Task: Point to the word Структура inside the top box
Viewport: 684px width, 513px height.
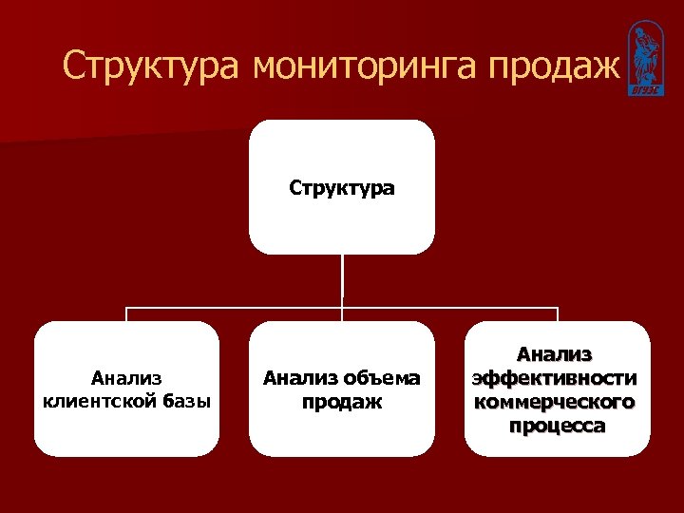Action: (342, 188)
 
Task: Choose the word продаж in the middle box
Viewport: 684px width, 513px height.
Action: (342, 401)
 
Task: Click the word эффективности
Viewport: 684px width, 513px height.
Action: (557, 378)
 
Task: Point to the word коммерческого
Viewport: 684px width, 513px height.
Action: (557, 402)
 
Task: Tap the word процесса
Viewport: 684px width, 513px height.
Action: (557, 425)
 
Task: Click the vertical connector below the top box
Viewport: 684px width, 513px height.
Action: (342, 280)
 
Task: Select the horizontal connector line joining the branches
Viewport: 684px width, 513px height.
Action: (237, 309)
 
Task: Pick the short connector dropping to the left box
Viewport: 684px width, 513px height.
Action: (127, 314)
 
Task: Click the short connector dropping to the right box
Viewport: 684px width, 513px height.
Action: (557, 314)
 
